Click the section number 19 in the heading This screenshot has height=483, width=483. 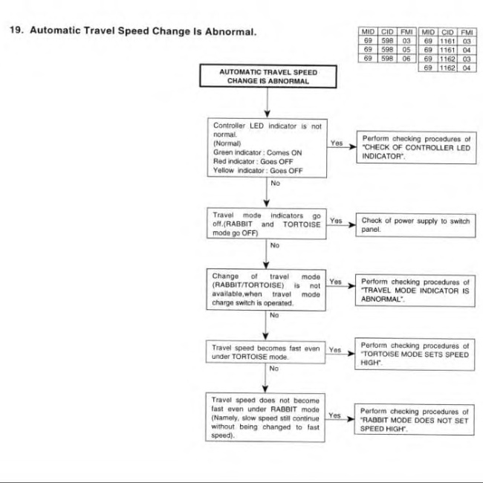coord(16,30)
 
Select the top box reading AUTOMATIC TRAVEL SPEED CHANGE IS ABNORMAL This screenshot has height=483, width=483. coord(268,76)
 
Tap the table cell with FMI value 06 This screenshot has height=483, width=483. coord(406,58)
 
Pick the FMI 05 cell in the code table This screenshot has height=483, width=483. coord(406,49)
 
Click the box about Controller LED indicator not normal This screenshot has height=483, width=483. coord(267,148)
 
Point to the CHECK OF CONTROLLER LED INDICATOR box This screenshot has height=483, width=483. coord(416,148)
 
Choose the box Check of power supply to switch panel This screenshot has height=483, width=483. coord(415,225)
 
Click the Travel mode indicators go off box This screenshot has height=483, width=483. coord(267,224)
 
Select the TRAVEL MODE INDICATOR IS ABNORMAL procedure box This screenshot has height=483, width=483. coord(415,291)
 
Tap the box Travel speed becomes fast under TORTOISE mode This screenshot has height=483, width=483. coord(265,352)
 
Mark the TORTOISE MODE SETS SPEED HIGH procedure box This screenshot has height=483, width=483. coord(415,354)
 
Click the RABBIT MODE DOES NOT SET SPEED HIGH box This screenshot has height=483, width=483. coord(415,420)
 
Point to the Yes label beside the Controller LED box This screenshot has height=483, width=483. coord(337,143)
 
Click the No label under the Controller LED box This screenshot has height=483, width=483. coord(275,183)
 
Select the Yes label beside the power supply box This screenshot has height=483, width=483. coord(336,221)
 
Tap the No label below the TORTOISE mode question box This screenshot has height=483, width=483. coord(273,369)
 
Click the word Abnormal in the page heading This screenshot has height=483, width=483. coord(230,31)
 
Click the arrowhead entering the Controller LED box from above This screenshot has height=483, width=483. coord(268,114)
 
